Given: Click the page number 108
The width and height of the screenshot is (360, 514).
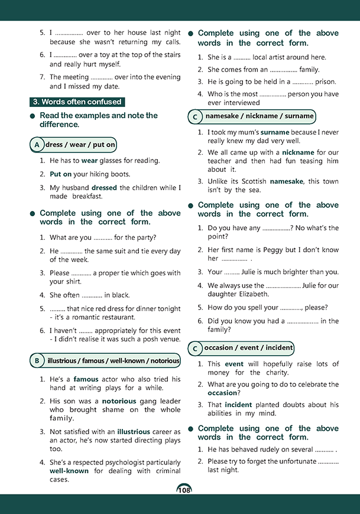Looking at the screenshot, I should pos(183,490).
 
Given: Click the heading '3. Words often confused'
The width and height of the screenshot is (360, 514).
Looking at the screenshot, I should pos(77,102).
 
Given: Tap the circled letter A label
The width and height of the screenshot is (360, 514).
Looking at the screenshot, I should pos(37,145).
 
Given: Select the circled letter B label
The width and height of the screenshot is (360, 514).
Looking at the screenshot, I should pos(37,360).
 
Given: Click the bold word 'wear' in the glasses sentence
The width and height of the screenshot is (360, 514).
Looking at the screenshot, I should pos(90,160).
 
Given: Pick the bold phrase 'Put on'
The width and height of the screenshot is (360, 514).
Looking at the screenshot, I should pos(61,174).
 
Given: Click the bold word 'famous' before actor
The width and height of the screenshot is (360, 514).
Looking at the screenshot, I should pos(86,379).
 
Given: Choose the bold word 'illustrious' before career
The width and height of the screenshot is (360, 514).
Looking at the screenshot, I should pos(134,432).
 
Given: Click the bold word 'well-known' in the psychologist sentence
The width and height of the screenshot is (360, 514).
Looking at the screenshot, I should pos(69,471).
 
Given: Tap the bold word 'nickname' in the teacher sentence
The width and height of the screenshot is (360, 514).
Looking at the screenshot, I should pos(299,152).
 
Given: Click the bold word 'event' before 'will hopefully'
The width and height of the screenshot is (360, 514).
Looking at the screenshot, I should pos(234,365).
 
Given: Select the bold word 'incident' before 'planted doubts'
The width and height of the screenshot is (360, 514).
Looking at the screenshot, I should pos(238,405).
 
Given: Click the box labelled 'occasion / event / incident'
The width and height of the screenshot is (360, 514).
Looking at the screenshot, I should pos(248,347).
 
